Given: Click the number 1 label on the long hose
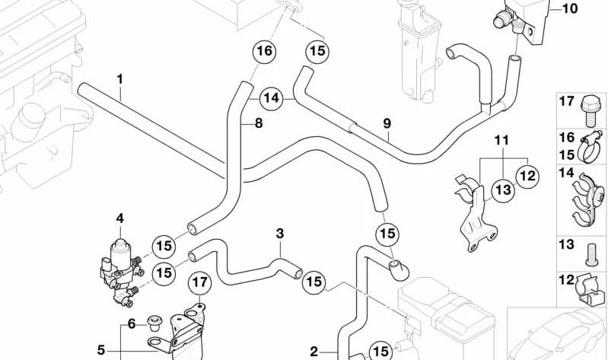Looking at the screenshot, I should coord(119,78).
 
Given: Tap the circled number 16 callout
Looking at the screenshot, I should coord(263,52).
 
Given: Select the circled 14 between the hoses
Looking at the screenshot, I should coord(272,98).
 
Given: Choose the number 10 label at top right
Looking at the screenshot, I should coord(570,9).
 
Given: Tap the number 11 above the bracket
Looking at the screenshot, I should coord(500,141).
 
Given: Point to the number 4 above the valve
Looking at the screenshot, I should coord(119,218).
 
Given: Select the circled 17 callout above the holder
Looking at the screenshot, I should coord(199,285).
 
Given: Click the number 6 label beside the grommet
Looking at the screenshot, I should coord(131,323).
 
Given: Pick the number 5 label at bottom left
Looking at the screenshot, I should coord(101,351).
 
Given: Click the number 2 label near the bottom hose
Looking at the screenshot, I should coord(315,351).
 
